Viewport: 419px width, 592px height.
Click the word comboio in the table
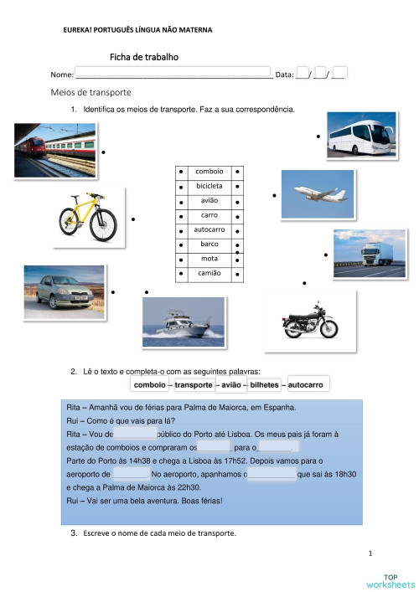pos(209,171)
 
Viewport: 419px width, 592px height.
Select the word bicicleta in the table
pos(209,185)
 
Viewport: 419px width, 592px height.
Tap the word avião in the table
pos(209,200)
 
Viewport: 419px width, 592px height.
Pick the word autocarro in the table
pos(209,229)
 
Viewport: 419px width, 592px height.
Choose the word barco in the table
pos(209,244)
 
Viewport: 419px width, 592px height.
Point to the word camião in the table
pos(209,273)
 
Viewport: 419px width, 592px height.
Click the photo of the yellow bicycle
pos(88,217)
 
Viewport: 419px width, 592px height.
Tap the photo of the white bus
pos(361,135)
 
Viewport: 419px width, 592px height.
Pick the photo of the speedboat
pos(183,321)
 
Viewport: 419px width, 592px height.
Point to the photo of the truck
pos(370,253)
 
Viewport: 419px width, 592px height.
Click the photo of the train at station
pos(54,150)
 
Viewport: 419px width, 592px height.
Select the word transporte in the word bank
pos(194,384)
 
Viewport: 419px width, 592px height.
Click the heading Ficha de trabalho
pos(144,57)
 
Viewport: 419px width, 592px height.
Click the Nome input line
pos(173,74)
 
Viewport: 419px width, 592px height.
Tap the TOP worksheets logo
pos(391,579)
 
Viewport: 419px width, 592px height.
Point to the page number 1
pos(370,553)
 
